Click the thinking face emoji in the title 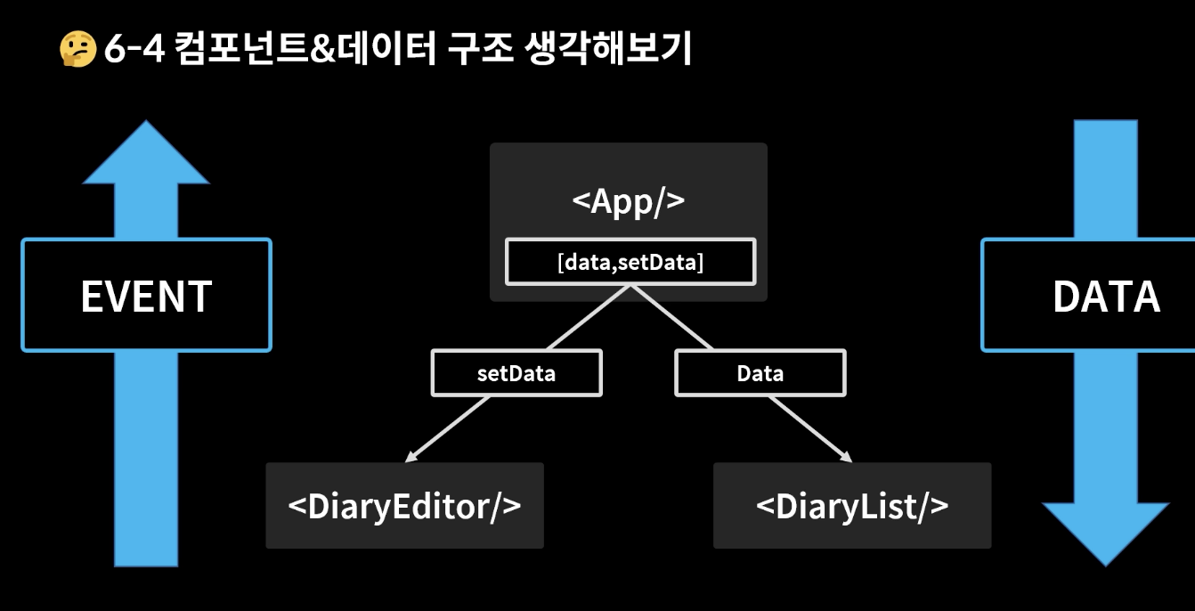point(77,50)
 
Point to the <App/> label point(628,200)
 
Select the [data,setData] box point(630,262)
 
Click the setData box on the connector point(516,372)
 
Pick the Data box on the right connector point(760,372)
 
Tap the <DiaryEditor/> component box point(404,505)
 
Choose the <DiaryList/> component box point(852,505)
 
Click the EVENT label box point(146,295)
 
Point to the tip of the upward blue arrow point(146,124)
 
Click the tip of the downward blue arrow point(1106,564)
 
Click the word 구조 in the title point(484,50)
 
